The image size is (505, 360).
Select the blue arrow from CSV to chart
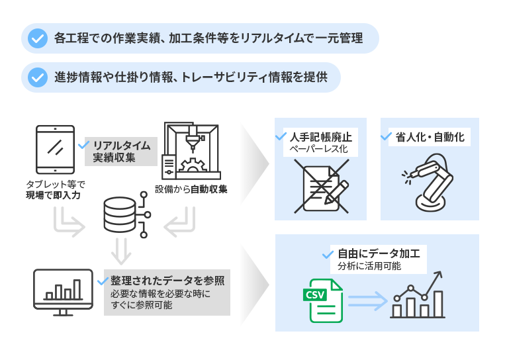[x=367, y=301]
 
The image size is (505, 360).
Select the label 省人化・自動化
[x=430, y=137]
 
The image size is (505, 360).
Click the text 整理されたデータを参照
[x=167, y=280]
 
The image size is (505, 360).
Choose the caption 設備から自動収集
[x=191, y=189]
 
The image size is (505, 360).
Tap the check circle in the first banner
[x=38, y=38]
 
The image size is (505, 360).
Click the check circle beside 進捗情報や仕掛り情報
[x=38, y=77]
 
